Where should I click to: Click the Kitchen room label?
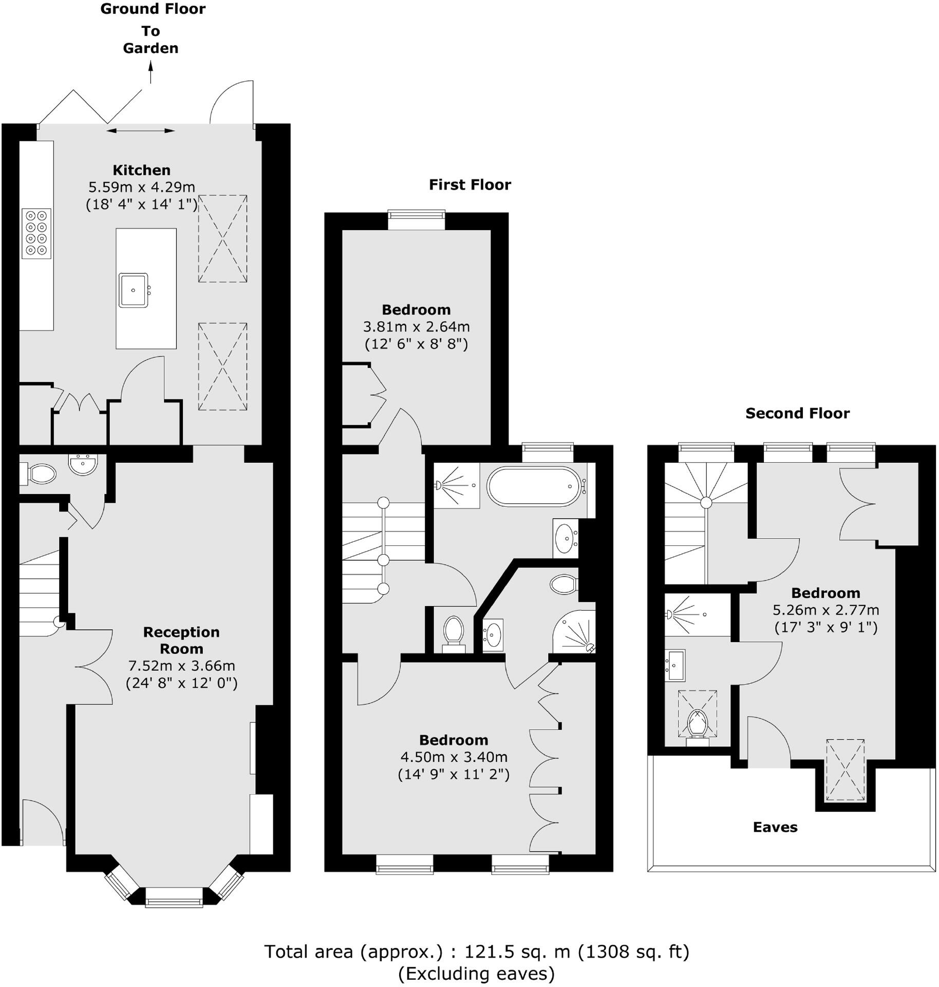click(x=141, y=170)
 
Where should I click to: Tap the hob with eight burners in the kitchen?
click(x=36, y=233)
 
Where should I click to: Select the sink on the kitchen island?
click(x=134, y=290)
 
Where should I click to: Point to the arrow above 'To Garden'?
click(x=151, y=72)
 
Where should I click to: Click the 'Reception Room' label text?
click(x=181, y=640)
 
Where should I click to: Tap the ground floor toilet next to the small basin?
click(x=41, y=474)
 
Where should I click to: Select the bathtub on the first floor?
click(x=533, y=486)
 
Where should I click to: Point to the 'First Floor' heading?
click(x=470, y=185)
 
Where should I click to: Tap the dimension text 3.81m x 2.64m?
click(x=416, y=327)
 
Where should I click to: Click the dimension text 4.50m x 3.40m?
click(x=454, y=757)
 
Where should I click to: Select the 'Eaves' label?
click(x=775, y=827)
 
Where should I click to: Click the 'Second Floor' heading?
click(x=797, y=413)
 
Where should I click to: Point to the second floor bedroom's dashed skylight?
click(x=845, y=770)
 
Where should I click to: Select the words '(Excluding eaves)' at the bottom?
click(x=476, y=974)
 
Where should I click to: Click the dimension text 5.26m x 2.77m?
click(x=825, y=610)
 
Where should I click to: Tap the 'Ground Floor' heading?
click(x=153, y=9)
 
